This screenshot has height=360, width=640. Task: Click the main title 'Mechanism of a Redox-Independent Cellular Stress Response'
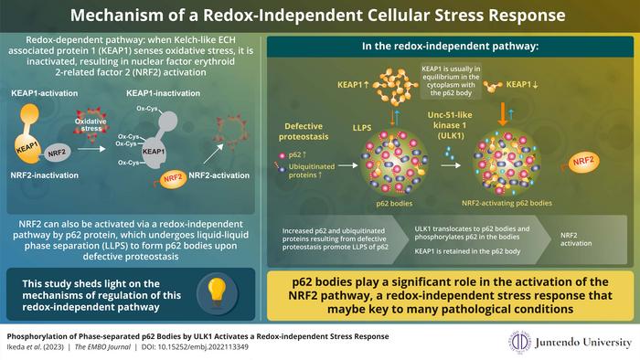[320, 16]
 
